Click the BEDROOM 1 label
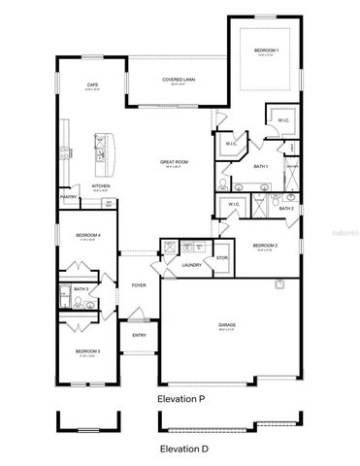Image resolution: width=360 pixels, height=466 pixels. point(266,50)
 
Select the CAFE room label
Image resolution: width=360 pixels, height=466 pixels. point(92,85)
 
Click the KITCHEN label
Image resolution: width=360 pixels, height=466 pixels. point(100,186)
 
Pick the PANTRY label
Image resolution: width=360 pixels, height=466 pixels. point(68,197)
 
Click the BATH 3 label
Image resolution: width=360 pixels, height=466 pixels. point(82,289)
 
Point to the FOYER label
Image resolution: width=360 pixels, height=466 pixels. point(139,285)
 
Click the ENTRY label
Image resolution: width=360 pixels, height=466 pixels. point(139,336)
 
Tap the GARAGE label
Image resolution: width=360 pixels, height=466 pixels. point(227,325)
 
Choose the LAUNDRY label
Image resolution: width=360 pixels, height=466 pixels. point(191,264)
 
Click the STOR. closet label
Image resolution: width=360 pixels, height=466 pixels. point(222,258)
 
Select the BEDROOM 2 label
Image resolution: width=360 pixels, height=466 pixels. point(265,246)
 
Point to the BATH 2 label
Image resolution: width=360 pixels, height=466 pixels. point(286,209)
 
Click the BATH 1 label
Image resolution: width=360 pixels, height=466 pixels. point(261,167)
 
